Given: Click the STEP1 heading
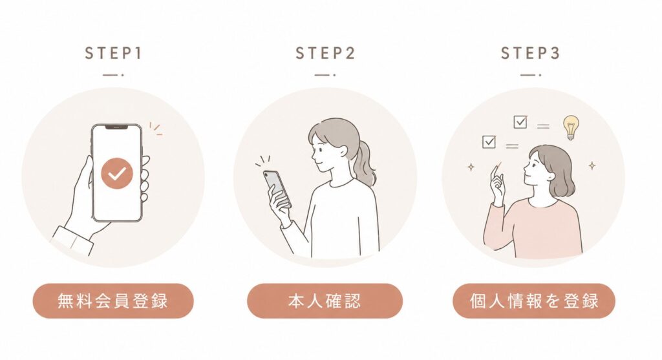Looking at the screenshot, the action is (113, 53).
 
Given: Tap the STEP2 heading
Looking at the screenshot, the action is (325, 53).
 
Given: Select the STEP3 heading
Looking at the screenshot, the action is (530, 53).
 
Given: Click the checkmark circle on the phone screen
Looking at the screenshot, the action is (117, 173).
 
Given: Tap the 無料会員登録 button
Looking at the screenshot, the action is (113, 301).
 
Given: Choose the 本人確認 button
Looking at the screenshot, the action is (325, 301).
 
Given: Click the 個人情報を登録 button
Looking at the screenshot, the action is (533, 301).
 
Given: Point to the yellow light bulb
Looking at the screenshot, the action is (570, 127).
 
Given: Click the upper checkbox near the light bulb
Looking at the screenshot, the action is (520, 122).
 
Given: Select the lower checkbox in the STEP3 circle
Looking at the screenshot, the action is (489, 142).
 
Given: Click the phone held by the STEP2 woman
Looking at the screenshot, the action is (277, 189).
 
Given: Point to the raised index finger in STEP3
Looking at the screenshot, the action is (495, 174).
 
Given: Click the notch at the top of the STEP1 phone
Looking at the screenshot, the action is (117, 127).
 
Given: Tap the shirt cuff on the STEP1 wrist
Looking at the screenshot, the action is (72, 240).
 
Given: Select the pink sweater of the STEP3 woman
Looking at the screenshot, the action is (533, 228).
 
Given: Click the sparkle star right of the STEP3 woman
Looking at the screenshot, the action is (592, 165).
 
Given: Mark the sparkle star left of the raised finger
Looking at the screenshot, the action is (471, 167).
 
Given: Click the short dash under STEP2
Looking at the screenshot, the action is (325, 75).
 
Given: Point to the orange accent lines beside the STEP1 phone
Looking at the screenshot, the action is (156, 129).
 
